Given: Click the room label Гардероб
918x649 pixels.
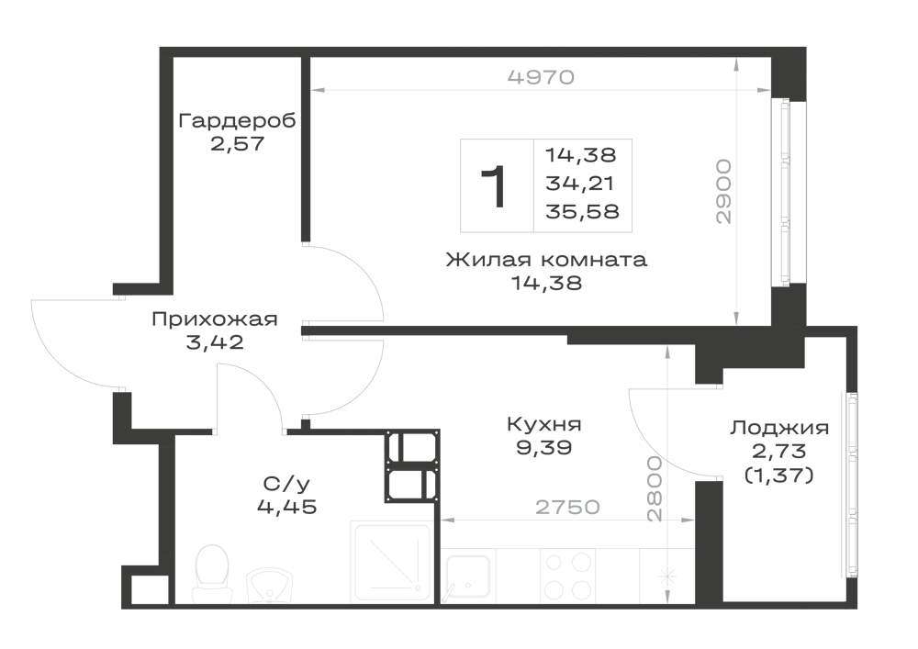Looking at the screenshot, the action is pyautogui.click(x=237, y=120).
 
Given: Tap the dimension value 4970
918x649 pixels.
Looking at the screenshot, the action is pyautogui.click(x=541, y=77).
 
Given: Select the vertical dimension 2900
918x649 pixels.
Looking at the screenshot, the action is pyautogui.click(x=724, y=191).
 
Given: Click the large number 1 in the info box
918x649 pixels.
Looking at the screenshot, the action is pyautogui.click(x=494, y=186).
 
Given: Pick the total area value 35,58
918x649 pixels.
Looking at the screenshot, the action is pyautogui.click(x=582, y=211).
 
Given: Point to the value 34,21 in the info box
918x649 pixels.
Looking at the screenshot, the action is pyautogui.click(x=579, y=184).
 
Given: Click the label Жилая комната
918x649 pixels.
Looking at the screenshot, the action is pyautogui.click(x=546, y=259).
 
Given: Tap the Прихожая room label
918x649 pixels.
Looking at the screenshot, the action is pyautogui.click(x=214, y=319).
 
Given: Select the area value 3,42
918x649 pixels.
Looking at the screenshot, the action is pyautogui.click(x=214, y=342).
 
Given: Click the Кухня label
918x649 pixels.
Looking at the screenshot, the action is pyautogui.click(x=543, y=424).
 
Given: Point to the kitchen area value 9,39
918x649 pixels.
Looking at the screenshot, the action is pyautogui.click(x=543, y=448).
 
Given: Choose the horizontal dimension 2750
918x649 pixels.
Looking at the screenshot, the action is pyautogui.click(x=568, y=507).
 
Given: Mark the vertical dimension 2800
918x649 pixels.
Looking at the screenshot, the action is pyautogui.click(x=655, y=488).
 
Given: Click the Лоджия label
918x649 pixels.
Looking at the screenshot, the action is pyautogui.click(x=779, y=428).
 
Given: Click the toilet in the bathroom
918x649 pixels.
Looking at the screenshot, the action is pyautogui.click(x=211, y=572).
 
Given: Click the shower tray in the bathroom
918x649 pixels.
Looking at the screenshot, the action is pyautogui.click(x=391, y=562).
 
